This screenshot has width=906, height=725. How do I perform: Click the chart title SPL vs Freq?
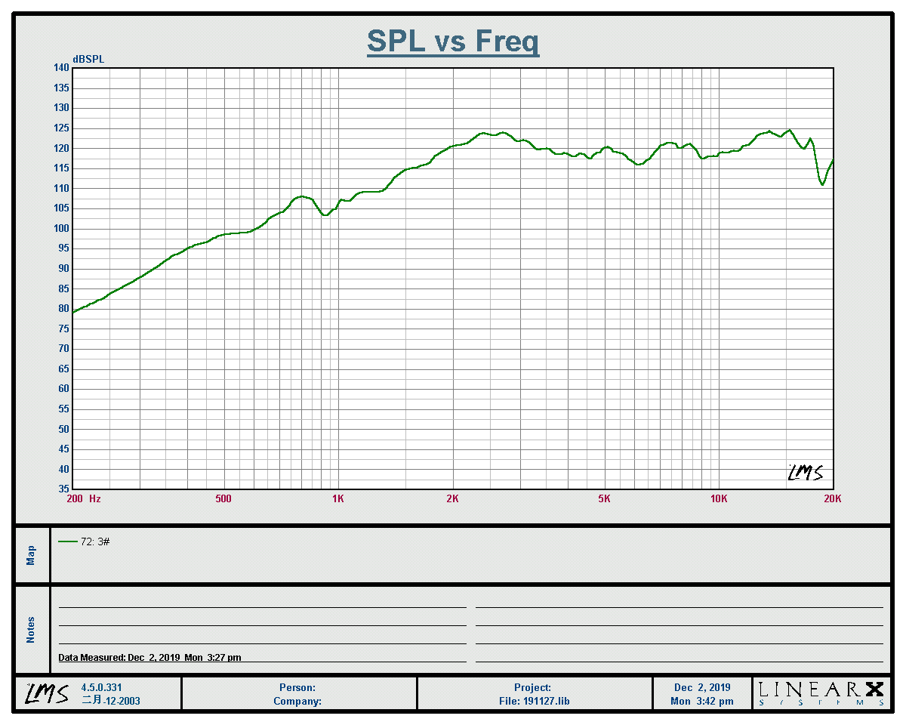pos(453,41)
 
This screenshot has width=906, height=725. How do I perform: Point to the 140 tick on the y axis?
pos(61,68)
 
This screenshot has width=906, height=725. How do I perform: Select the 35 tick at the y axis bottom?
pos(63,489)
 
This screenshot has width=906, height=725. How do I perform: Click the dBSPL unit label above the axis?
pos(88,59)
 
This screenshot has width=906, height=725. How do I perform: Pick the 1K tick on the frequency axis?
pos(338,498)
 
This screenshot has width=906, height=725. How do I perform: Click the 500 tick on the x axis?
pos(223,498)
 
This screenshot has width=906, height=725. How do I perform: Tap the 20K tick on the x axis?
pos(832,498)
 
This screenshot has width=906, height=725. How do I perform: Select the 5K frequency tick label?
pos(604,498)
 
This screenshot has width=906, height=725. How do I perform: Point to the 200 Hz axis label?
pos(84,498)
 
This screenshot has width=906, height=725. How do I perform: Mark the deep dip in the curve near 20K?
pos(822,184)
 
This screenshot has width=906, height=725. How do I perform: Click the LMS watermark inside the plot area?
pos(805,474)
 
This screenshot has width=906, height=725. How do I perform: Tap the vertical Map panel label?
pos(31,555)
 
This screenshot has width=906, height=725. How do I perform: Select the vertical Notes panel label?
pos(31,630)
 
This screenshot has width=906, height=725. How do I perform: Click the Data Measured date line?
pos(149,658)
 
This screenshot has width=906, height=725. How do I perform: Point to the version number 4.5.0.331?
pos(101,688)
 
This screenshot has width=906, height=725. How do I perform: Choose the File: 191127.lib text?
pos(533,701)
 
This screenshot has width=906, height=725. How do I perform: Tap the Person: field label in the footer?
pos(297,688)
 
